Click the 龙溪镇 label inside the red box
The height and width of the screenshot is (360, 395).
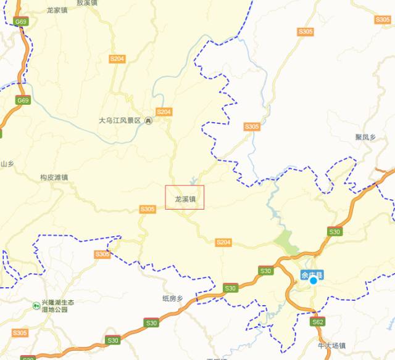pos(185,199)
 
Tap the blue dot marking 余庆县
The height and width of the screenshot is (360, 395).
pos(313,280)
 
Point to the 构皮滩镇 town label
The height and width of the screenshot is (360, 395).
pos(54,177)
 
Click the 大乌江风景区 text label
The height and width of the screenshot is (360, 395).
pos(120,121)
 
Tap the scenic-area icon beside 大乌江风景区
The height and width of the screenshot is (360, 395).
pos(148,121)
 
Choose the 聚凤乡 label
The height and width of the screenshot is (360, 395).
pos(365,137)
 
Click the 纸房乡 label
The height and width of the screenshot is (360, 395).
pos(173,298)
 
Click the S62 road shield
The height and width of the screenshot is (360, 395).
pos(317,322)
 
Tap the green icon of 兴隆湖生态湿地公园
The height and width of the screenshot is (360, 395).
pos(37,305)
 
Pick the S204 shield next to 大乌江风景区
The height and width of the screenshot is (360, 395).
pos(164,112)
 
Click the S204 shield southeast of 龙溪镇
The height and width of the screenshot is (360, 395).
pos(223,242)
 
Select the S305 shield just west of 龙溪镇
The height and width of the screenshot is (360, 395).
pos(148,209)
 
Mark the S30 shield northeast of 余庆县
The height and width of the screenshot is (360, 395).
pos(335,231)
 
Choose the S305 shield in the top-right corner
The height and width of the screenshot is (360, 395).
pos(305,31)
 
